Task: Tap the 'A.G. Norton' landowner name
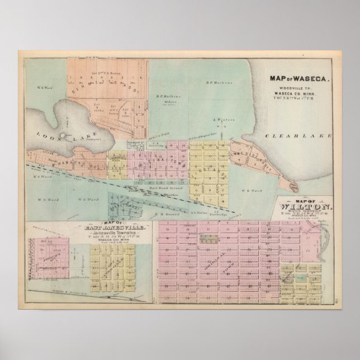(x=188, y=213)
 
